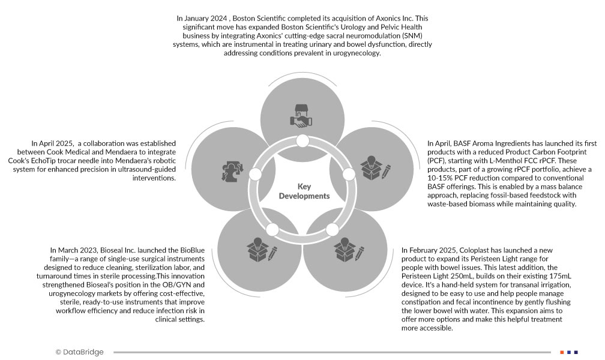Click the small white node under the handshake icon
tap(303, 142)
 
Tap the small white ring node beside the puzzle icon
tap(255, 175)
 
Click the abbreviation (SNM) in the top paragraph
tap(414, 36)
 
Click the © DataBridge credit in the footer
tap(79, 352)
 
